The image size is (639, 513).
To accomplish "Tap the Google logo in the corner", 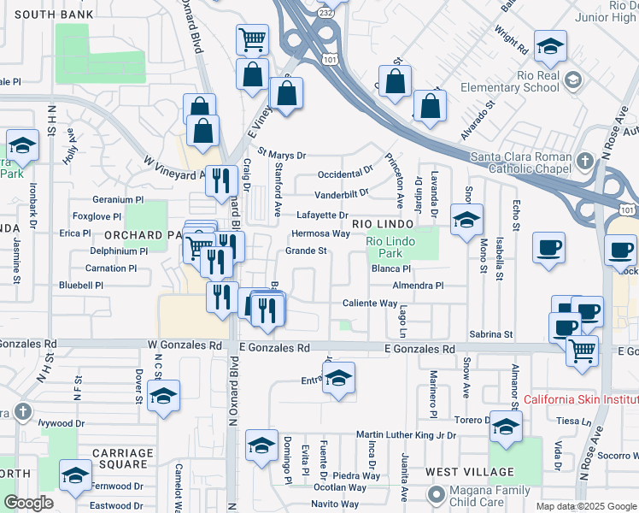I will [x=28, y=503].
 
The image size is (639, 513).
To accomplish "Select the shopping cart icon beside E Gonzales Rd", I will [x=582, y=349].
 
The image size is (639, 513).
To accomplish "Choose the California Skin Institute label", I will [x=580, y=399].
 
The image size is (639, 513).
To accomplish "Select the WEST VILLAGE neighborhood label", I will [x=470, y=472].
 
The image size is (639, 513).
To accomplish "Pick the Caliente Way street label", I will [x=370, y=304].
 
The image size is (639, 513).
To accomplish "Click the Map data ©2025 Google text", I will [x=586, y=506].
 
